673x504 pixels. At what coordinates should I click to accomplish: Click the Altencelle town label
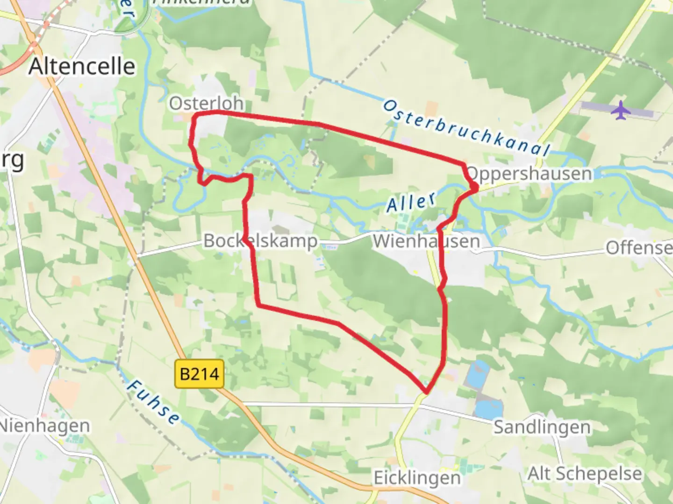[82, 66]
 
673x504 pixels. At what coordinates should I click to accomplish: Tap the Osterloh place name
[206, 103]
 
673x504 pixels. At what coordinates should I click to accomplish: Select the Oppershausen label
[529, 174]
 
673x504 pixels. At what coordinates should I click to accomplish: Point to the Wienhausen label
[426, 241]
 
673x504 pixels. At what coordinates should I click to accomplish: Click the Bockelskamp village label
[260, 241]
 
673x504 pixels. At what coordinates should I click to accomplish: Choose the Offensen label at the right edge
[639, 248]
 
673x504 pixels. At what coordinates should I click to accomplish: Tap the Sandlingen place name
[542, 427]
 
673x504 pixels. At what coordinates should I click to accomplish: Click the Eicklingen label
[417, 478]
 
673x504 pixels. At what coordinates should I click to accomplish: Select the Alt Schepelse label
[585, 473]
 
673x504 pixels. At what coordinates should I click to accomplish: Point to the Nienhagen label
[45, 426]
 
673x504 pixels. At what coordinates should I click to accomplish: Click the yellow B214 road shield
[200, 374]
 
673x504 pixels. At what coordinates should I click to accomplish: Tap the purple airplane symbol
[620, 111]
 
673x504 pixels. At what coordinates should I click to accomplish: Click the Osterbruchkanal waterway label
[466, 127]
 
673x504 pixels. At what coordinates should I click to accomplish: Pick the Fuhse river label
[153, 402]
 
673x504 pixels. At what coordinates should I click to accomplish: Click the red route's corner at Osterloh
[195, 115]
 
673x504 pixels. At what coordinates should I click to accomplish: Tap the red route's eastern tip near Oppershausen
[476, 188]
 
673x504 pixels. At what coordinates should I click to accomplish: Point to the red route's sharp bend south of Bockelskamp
[258, 306]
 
